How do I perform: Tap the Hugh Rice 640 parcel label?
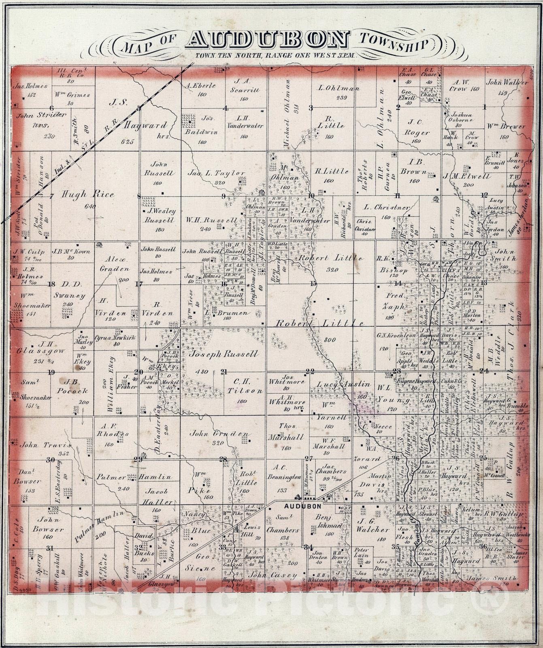click(x=87, y=195)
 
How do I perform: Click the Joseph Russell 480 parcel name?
click(x=222, y=354)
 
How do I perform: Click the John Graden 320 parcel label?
click(x=219, y=434)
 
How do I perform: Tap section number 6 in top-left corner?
click(x=51, y=108)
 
